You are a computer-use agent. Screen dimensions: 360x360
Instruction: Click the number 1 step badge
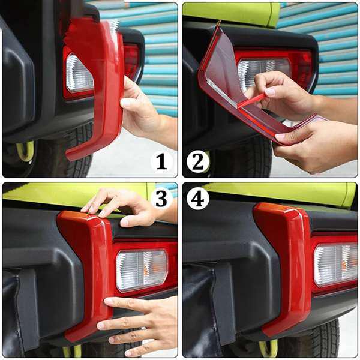(x=161, y=161)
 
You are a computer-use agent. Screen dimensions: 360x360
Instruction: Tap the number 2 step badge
(x=198, y=161)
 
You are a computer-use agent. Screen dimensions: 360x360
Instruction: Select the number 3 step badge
(x=161, y=199)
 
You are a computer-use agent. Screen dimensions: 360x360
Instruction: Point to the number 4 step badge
(x=198, y=199)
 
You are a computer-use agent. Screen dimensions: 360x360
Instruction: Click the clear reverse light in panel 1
(x=79, y=73)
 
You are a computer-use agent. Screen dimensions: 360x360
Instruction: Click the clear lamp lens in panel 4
(x=335, y=265)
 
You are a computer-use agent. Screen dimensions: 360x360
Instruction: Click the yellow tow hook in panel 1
(x=25, y=151)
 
